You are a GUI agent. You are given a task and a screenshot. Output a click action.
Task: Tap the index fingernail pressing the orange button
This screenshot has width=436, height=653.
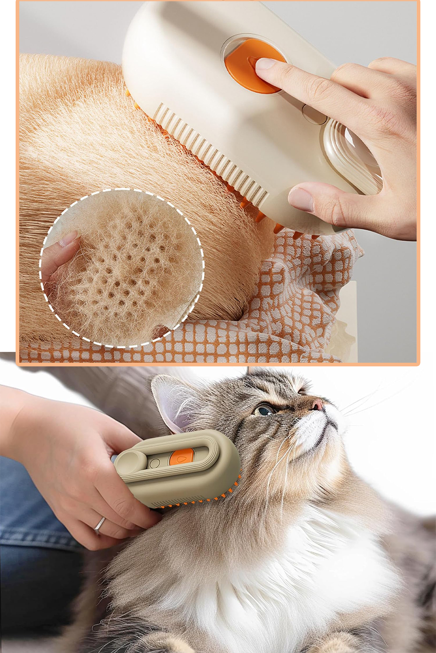[266, 64]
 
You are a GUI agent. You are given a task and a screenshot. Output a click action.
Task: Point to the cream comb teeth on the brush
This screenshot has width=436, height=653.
[211, 152]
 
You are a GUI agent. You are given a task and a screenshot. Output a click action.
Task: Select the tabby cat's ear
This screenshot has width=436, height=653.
[174, 403]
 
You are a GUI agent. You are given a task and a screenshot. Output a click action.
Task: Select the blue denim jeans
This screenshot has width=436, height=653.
[29, 526]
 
